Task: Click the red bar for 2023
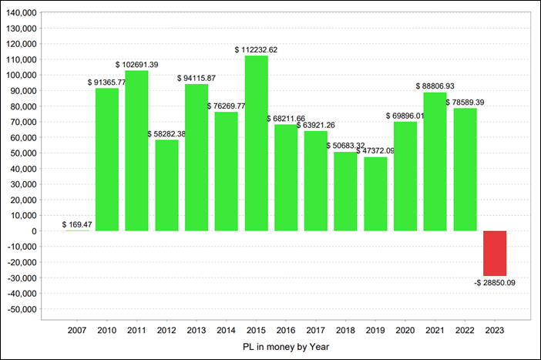point(495,253)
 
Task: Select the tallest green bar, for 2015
point(257,143)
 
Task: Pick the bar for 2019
point(375,193)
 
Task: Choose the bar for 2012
point(166,185)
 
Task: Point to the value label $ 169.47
point(77,224)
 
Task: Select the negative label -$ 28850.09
point(495,283)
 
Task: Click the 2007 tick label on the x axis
point(77,329)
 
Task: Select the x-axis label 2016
point(286,329)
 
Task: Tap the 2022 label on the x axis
point(465,329)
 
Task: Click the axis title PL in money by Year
point(286,347)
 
